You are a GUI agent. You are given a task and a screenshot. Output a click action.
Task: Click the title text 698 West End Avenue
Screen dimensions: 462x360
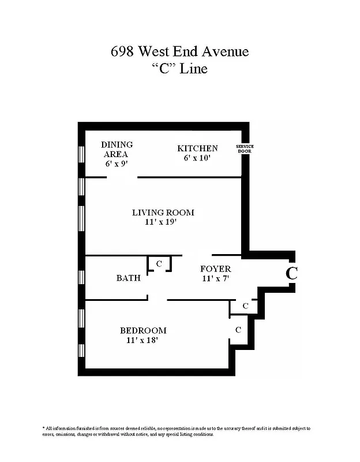coord(179,51)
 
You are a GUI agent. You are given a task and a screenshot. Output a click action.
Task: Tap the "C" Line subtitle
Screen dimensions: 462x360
coord(179,69)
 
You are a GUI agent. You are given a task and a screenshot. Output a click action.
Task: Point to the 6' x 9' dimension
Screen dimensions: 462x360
coord(117,163)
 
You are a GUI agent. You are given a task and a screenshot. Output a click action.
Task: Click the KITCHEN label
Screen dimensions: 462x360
coord(197,148)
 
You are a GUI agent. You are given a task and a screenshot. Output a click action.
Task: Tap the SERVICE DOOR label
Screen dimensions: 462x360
coord(245,148)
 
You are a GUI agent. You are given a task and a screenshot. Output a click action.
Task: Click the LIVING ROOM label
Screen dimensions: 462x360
coord(163,213)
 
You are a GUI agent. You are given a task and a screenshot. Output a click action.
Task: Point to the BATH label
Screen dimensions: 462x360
coord(128,278)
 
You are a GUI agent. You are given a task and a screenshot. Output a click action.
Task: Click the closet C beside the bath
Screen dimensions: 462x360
coord(160,264)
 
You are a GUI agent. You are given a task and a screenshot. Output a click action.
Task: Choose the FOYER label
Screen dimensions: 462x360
coord(215,269)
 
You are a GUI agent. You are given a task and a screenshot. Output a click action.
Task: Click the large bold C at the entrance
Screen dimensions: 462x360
coord(292,273)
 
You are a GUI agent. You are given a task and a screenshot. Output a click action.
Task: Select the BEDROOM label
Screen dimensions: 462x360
coord(143,331)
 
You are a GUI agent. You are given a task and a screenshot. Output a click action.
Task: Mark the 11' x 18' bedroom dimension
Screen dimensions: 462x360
coord(142,341)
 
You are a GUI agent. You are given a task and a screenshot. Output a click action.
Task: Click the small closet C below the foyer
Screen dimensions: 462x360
coord(245,306)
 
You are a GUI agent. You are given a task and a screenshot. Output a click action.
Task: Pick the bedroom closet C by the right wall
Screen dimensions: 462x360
coord(237,330)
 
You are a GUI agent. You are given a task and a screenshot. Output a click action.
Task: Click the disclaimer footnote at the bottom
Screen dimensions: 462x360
coord(176,431)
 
